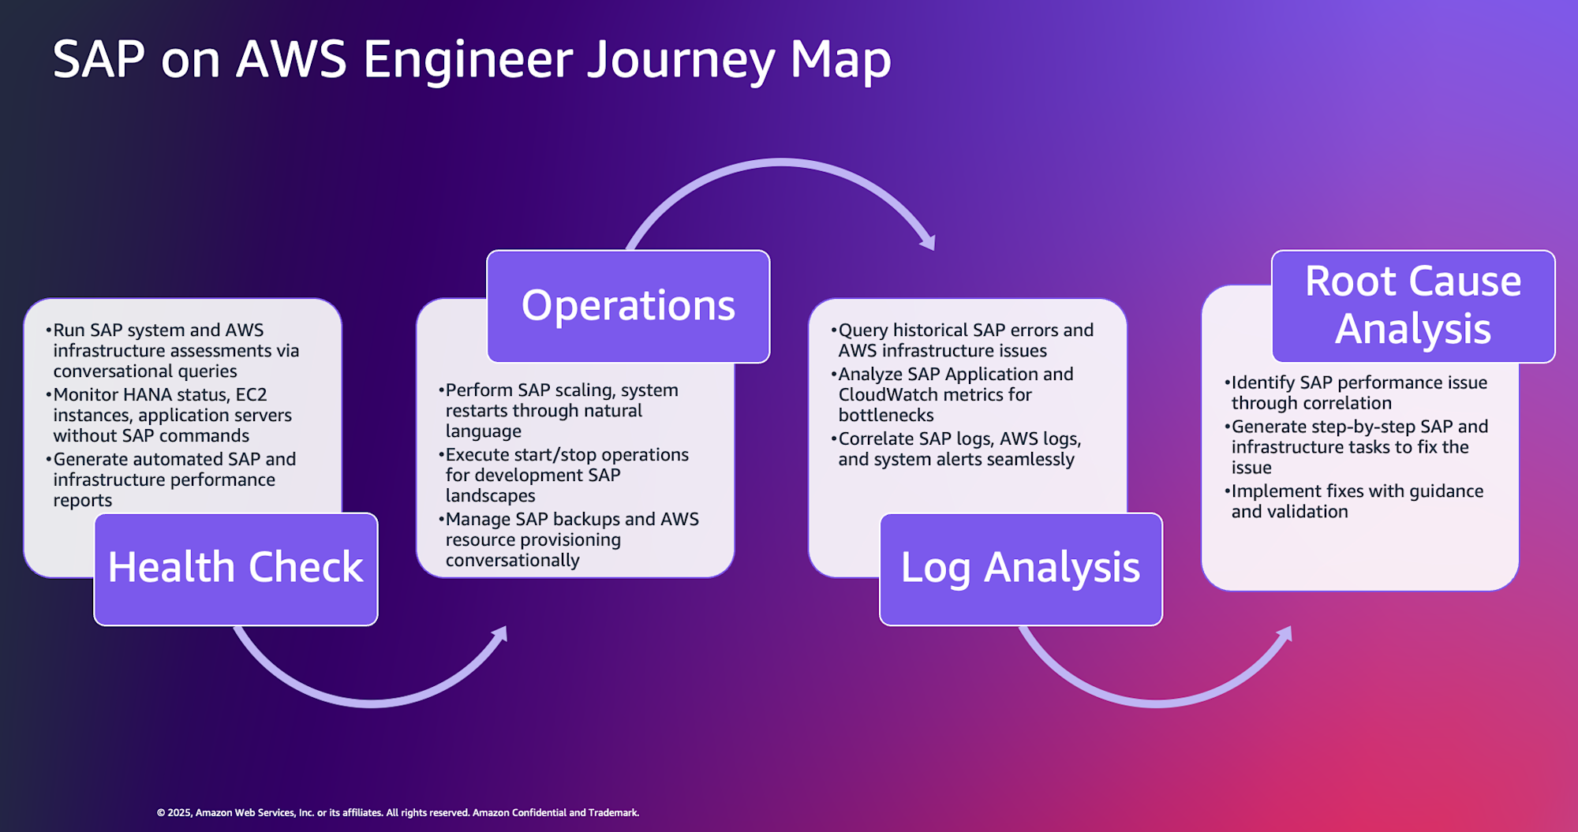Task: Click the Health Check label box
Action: click(x=236, y=569)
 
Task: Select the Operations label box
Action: click(x=628, y=306)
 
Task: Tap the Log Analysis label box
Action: click(x=1020, y=569)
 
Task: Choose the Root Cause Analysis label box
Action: click(x=1412, y=306)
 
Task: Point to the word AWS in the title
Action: click(x=291, y=60)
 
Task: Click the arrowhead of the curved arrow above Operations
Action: click(x=929, y=241)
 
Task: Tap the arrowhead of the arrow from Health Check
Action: click(x=500, y=633)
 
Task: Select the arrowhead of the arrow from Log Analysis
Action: click(x=1285, y=633)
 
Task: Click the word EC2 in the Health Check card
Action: click(x=251, y=394)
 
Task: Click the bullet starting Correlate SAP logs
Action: click(x=959, y=449)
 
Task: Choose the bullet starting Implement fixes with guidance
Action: click(x=1356, y=502)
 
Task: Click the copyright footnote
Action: click(x=398, y=812)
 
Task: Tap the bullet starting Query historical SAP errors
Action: click(x=965, y=341)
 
